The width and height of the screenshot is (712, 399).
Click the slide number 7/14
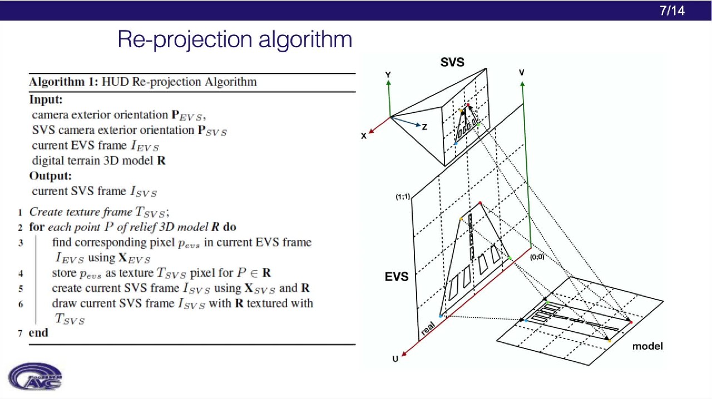pyautogui.click(x=672, y=11)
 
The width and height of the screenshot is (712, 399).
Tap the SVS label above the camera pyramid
pyautogui.click(x=452, y=62)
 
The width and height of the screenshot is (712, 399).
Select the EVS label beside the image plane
pyautogui.click(x=397, y=277)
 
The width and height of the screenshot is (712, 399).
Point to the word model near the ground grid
pyautogui.click(x=647, y=346)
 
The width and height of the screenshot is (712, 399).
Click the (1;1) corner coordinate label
pyautogui.click(x=403, y=197)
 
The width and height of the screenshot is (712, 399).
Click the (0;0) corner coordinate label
pyautogui.click(x=537, y=257)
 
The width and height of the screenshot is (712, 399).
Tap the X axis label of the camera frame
pyautogui.click(x=364, y=136)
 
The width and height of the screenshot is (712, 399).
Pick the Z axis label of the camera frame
pyautogui.click(x=424, y=127)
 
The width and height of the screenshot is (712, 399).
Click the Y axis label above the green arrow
pyautogui.click(x=388, y=74)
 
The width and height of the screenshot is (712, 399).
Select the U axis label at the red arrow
pyautogui.click(x=395, y=359)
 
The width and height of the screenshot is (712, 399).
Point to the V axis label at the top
pyautogui.click(x=522, y=73)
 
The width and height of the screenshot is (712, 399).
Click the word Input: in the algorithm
pyautogui.click(x=46, y=100)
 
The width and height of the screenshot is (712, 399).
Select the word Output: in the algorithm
pyautogui.click(x=51, y=176)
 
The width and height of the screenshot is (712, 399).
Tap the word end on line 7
pyautogui.click(x=38, y=333)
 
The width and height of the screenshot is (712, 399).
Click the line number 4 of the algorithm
pyautogui.click(x=21, y=273)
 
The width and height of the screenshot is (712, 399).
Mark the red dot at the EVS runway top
pyautogui.click(x=480, y=203)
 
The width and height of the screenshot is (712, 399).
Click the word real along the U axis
pyautogui.click(x=428, y=328)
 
